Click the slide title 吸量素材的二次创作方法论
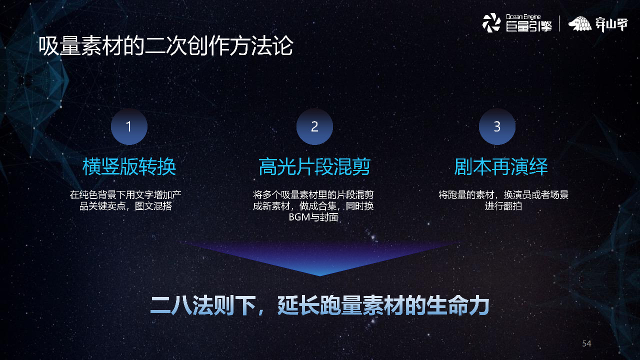[x=165, y=46]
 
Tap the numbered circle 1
[x=129, y=126]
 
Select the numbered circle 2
[x=314, y=126]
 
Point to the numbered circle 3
[x=497, y=126]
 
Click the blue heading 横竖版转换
[x=129, y=167]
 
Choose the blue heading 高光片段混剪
[x=314, y=167]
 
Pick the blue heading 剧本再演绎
[x=501, y=167]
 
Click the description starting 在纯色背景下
[x=129, y=200]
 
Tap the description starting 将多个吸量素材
[x=313, y=206]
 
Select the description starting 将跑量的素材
[x=503, y=200]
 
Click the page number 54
[x=586, y=343]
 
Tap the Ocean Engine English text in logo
[x=523, y=17]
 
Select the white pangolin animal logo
[x=580, y=24]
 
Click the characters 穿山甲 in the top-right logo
[x=611, y=24]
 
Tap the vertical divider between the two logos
[x=559, y=23]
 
